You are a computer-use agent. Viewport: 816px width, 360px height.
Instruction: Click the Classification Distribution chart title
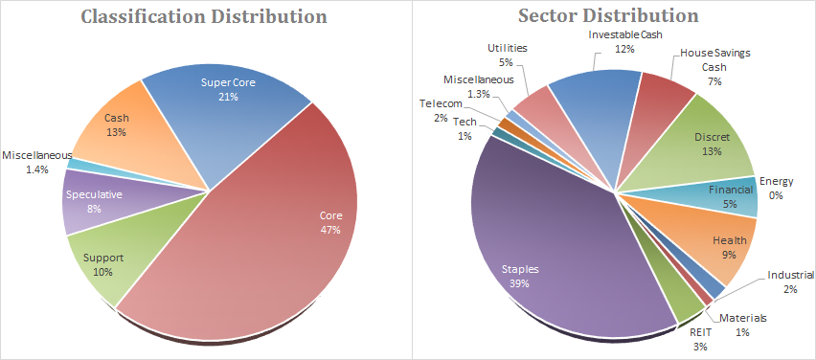coord(205,16)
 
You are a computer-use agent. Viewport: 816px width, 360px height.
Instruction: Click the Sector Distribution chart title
coord(608,15)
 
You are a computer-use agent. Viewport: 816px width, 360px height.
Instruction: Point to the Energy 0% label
coord(776,188)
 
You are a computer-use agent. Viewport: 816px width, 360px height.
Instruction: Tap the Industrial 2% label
coord(790,281)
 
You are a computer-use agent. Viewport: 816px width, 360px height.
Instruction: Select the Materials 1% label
coord(742,325)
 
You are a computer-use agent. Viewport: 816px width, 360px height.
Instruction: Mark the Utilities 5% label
coord(508,55)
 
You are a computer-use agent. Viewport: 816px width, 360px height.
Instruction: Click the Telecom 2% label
coord(441,110)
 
